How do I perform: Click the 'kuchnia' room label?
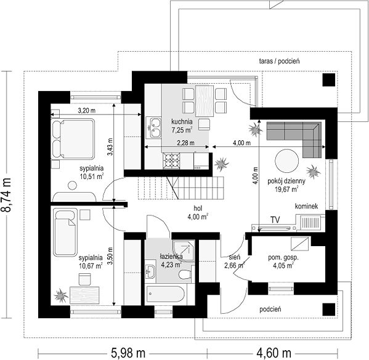point(182,122)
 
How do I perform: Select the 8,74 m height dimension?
point(6,194)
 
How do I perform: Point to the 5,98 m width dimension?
point(128,353)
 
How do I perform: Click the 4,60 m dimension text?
point(274,353)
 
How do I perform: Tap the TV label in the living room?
point(275,220)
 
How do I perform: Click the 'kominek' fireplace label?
point(306,206)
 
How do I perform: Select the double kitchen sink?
point(153,128)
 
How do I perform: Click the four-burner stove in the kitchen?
point(171,161)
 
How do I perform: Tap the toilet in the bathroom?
point(185,274)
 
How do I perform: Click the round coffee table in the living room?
point(287,162)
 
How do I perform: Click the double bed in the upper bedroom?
point(73,138)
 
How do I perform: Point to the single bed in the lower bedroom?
point(65,233)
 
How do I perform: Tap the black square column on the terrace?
point(329,79)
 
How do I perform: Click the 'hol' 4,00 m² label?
point(198,212)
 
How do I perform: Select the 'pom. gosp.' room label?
point(283,257)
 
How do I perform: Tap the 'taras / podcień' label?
point(279,62)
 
